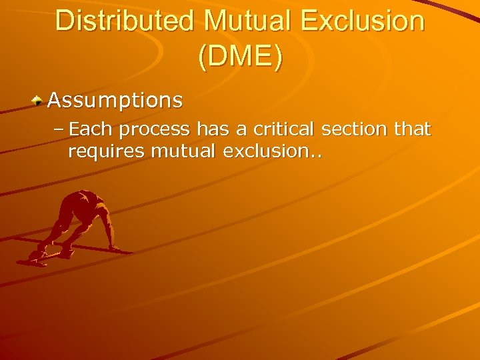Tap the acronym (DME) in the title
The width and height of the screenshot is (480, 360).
click(x=240, y=57)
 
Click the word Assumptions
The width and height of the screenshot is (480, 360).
click(x=115, y=101)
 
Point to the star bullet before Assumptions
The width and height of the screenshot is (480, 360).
click(x=39, y=101)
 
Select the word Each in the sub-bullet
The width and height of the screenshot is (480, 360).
click(x=89, y=129)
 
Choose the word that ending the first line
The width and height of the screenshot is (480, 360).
click(x=413, y=129)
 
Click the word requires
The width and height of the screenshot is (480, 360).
click(x=107, y=152)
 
